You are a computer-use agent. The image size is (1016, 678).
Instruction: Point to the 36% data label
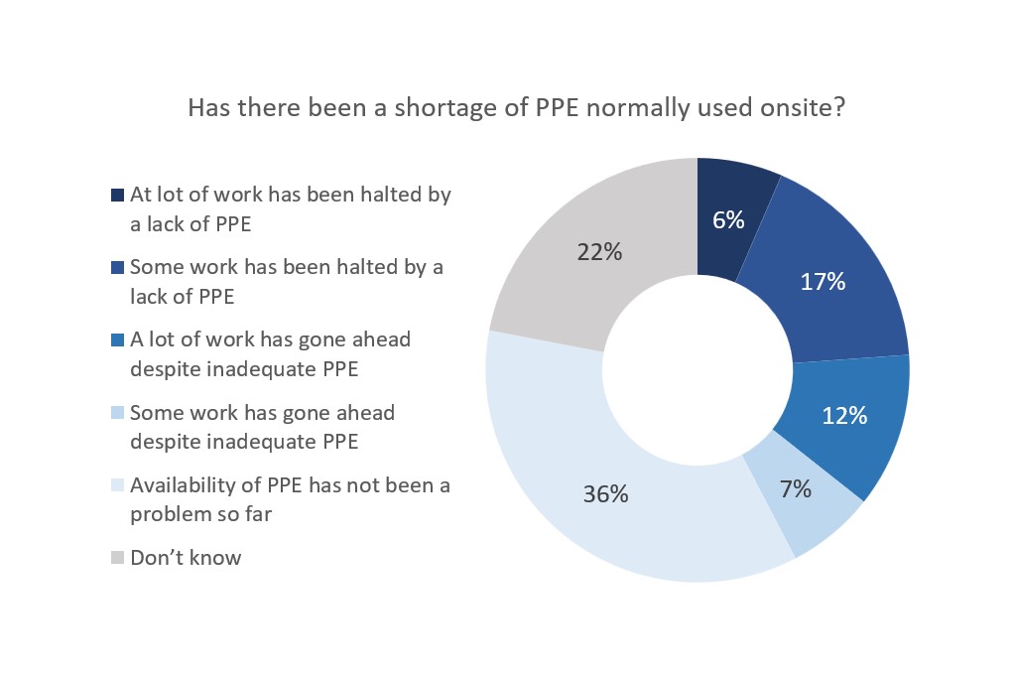pos(604,493)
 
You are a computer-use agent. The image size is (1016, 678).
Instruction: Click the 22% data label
pos(599,252)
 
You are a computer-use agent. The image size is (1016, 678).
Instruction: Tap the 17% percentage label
pos(823,282)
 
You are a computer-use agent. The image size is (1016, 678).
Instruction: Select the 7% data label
pos(795,488)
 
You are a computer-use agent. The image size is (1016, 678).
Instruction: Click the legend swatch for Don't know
pos(117,558)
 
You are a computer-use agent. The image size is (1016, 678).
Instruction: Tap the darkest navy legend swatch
pos(117,196)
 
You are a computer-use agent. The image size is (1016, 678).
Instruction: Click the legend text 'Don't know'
pos(186,558)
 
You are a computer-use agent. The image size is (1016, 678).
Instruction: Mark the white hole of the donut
pos(698,369)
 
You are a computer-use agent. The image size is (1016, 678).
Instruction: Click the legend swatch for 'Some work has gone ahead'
pos(117,413)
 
